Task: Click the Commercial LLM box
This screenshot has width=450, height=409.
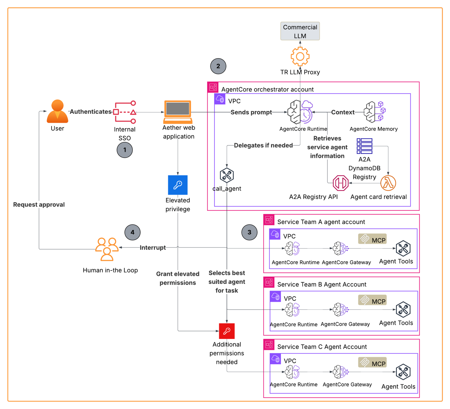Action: pyautogui.click(x=300, y=31)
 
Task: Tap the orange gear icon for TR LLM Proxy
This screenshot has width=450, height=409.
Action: pyautogui.click(x=300, y=57)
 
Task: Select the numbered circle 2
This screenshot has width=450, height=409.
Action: pyautogui.click(x=218, y=66)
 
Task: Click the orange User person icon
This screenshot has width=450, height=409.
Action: pyautogui.click(x=57, y=111)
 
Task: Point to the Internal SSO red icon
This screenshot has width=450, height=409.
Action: pyautogui.click(x=125, y=112)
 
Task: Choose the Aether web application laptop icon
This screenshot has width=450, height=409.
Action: pyautogui.click(x=178, y=112)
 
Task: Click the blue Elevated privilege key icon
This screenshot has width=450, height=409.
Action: pyautogui.click(x=177, y=185)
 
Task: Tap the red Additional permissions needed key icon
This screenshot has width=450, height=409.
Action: pyautogui.click(x=227, y=331)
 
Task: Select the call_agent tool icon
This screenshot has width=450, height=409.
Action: pyautogui.click(x=227, y=175)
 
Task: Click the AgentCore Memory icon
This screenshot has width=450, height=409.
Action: pyautogui.click(x=374, y=112)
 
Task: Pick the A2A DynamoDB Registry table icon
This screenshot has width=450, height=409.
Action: pyautogui.click(x=364, y=146)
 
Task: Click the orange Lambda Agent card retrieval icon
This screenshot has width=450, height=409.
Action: pyautogui.click(x=388, y=183)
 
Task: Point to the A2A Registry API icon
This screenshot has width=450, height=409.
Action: pyautogui.click(x=341, y=183)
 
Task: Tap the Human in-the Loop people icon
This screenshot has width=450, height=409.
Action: pyautogui.click(x=107, y=249)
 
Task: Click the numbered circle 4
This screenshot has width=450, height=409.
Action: pyautogui.click(x=132, y=232)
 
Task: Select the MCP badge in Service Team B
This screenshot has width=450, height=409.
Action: pyautogui.click(x=372, y=300)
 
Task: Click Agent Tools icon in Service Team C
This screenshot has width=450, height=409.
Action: pyautogui.click(x=403, y=372)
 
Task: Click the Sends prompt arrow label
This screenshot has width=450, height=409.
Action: pyautogui.click(x=251, y=112)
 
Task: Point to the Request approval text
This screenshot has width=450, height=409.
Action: pyautogui.click(x=39, y=205)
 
